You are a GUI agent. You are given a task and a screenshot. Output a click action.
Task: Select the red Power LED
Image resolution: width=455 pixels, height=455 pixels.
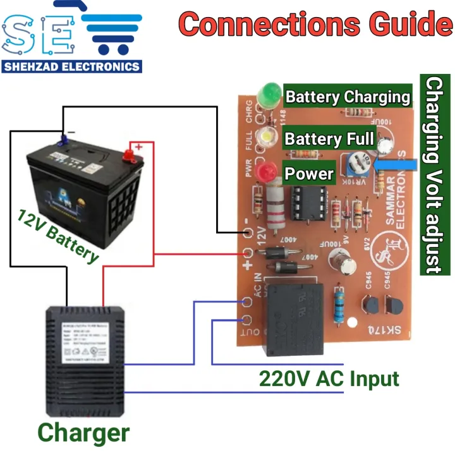click(x=268, y=171)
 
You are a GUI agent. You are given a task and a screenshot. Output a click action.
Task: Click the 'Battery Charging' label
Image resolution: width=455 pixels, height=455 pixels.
click(x=348, y=97)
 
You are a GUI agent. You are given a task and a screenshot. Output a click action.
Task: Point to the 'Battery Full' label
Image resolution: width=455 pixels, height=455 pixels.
click(x=329, y=138)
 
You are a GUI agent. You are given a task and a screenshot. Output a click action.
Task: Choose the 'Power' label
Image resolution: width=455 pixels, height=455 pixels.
click(x=309, y=173)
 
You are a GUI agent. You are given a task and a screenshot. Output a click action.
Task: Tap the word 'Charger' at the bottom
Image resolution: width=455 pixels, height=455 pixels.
click(x=83, y=433)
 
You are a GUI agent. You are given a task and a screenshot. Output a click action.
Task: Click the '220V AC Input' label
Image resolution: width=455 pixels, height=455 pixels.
click(x=329, y=379)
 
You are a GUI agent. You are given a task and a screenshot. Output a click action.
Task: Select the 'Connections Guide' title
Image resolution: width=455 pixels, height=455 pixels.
click(x=315, y=25)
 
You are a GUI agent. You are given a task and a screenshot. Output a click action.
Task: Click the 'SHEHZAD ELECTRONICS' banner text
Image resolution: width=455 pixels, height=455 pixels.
click(x=71, y=66)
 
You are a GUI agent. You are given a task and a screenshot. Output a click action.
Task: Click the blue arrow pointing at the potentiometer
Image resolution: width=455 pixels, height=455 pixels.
click(x=395, y=166)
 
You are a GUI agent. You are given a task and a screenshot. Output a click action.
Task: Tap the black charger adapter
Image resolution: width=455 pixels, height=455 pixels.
click(x=86, y=356)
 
